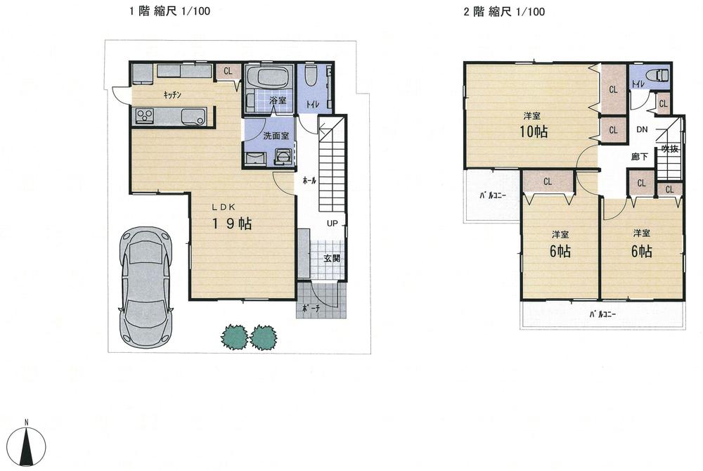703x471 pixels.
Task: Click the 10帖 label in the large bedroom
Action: (x=534, y=131)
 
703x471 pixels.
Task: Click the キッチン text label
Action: (x=174, y=96)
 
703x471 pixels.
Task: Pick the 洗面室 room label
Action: (x=276, y=136)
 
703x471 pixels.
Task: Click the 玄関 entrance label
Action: (x=332, y=258)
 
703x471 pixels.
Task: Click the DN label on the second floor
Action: (x=642, y=130)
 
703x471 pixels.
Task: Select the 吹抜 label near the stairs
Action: (x=669, y=148)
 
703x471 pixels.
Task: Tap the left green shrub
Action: (x=234, y=337)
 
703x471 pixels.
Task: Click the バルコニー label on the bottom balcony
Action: (x=602, y=314)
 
